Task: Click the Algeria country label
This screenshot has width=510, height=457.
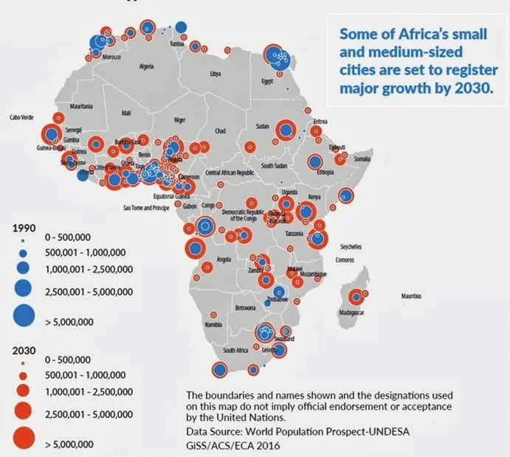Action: point(146,66)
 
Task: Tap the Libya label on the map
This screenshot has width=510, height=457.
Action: point(216,74)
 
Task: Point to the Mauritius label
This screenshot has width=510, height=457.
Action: point(412,296)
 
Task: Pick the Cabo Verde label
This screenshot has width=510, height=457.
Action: point(21,116)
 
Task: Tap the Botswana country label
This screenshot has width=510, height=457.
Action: point(244,307)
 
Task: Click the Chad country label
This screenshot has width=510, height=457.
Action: point(219,130)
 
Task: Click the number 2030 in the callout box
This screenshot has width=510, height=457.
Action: point(473,89)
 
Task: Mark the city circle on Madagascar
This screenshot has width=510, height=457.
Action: point(358,296)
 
